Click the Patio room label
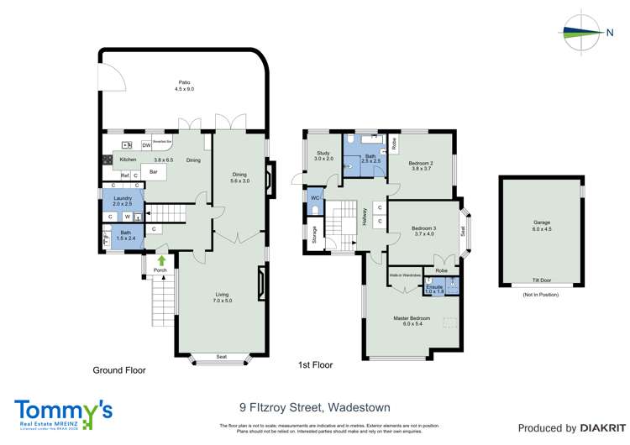tap(184, 82)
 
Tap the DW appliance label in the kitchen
tap(146, 145)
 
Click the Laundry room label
tap(123, 197)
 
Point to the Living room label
tap(222, 295)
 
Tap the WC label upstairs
tap(315, 198)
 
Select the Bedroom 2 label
tap(420, 163)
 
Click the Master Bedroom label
tap(412, 318)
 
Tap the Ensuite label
tap(434, 286)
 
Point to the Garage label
tap(541, 222)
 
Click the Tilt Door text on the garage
tap(541, 281)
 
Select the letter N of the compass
tap(609, 33)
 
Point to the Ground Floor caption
tap(118, 369)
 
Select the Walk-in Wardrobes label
tap(405, 275)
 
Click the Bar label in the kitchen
tap(153, 172)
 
